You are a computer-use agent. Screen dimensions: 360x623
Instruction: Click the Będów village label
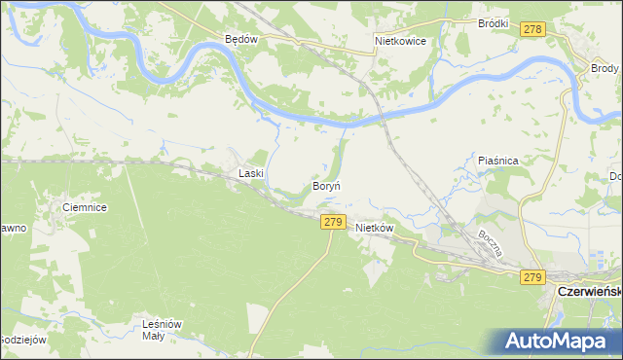coord(239,40)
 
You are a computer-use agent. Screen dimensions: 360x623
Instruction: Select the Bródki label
coord(495,22)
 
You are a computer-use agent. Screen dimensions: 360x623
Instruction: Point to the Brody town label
coord(605,68)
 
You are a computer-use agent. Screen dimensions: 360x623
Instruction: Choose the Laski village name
coord(252,174)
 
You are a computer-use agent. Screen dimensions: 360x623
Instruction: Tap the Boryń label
coord(325,185)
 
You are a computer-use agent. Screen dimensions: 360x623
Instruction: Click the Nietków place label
coord(374,228)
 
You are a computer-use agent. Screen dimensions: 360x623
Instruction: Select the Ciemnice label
coord(84,207)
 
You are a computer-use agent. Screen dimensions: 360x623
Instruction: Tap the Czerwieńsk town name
coord(588,291)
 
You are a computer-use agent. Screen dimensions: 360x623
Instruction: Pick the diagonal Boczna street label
coord(489,242)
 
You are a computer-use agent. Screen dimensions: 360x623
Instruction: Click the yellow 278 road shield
coord(531,31)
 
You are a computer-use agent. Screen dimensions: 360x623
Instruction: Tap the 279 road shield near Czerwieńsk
coord(531,278)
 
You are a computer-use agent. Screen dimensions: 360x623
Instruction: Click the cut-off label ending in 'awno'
coord(12,227)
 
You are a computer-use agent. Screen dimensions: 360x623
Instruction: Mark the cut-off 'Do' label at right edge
coord(615,177)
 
